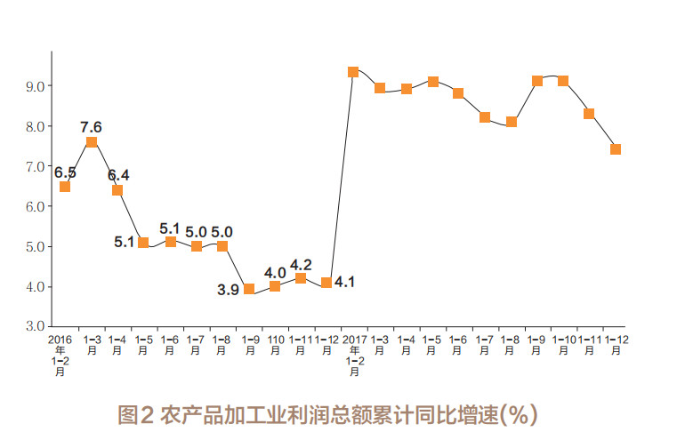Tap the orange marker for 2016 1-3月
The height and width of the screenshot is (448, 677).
tap(92, 142)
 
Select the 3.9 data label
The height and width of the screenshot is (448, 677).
tap(229, 290)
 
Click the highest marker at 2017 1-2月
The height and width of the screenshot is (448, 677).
tap(353, 72)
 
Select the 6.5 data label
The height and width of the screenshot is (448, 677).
tap(65, 172)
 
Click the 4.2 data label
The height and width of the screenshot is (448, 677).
tap(302, 264)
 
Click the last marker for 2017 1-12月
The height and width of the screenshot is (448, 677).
tap(616, 149)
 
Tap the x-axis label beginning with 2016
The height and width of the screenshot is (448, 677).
tap(60, 355)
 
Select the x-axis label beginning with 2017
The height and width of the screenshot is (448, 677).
tap(354, 355)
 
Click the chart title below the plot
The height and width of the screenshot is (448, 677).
tap(327, 414)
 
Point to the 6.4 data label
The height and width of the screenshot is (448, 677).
tap(118, 174)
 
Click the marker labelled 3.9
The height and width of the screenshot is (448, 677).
tap(249, 289)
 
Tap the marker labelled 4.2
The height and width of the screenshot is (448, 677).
tap(301, 278)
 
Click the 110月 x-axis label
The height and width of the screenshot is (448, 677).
tap(275, 345)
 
